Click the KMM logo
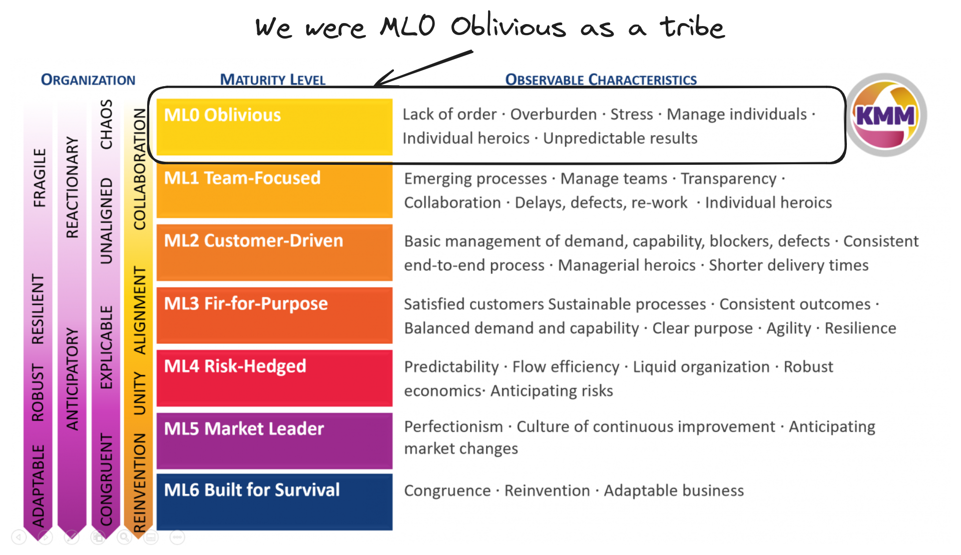885,115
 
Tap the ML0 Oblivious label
222,115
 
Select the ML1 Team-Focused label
242,178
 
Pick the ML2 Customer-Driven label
254,241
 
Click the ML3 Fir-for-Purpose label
246,304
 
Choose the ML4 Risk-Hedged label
235,366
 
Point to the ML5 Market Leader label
244,429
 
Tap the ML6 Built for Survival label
252,490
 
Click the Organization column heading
88,80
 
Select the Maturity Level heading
273,80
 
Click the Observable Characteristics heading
601,80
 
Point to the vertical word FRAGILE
39,178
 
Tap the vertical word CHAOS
106,124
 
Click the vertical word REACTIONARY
73,187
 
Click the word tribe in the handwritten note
692,28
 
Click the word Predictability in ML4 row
451,367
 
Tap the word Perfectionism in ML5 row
453,427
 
